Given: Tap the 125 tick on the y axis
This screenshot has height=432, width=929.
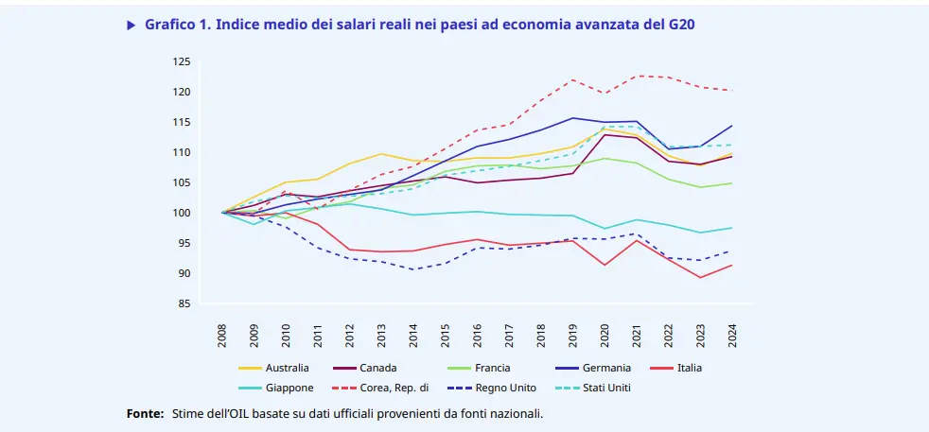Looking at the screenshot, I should tap(182, 61).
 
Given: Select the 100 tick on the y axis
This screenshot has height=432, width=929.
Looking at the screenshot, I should tap(182, 213).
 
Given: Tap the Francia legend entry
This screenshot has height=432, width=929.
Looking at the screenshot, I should tap(492, 368).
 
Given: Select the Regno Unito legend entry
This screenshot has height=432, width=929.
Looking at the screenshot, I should tap(507, 388).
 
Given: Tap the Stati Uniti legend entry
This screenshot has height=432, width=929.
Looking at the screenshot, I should tap(606, 388).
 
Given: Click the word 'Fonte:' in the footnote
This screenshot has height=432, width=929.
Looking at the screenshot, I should tap(146, 414).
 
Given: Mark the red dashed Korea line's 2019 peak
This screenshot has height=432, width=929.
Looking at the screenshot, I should tap(573, 79).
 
